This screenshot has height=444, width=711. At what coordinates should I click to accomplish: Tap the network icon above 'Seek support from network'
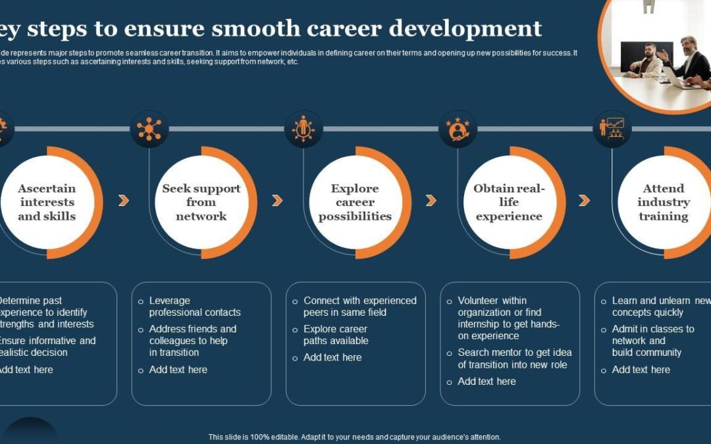pos(149,129)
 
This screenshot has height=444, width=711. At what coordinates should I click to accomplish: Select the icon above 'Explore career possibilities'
pos(303,129)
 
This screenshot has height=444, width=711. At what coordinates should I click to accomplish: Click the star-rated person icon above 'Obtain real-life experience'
pos(458,129)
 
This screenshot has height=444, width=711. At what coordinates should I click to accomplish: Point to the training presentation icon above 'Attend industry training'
pos(612,129)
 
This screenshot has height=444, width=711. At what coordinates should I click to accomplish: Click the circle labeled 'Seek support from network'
pos(201,203)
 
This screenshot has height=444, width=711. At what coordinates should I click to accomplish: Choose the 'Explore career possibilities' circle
pos(355,203)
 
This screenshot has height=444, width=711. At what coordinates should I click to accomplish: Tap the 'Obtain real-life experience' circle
pos(509,203)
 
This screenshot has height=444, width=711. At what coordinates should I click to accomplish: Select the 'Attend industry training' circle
pos(664,203)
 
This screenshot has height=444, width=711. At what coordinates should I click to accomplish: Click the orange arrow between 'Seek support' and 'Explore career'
pos(277,201)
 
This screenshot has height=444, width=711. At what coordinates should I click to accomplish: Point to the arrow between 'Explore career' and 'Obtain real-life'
pos(431,201)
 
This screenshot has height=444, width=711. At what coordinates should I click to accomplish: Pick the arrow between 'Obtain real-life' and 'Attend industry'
pos(584,201)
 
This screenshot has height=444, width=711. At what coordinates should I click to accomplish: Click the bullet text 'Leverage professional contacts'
pos(194,307)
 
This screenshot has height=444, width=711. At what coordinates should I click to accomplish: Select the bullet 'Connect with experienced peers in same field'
pos(359,307)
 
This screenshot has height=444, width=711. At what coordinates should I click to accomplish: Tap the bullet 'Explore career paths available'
pos(335,335)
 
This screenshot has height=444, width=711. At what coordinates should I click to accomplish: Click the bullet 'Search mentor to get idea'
pos(514,358)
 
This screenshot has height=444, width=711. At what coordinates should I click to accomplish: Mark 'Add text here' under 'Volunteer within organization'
pos(487,382)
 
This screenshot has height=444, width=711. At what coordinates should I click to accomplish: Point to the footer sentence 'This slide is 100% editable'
pos(355,437)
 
